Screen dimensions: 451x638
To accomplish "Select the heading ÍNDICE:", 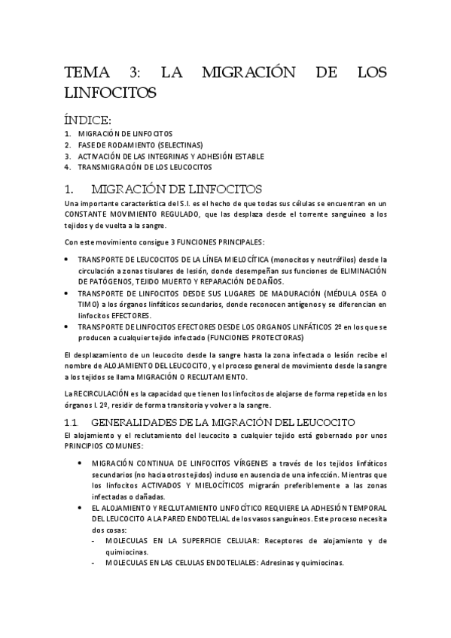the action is click(88, 119).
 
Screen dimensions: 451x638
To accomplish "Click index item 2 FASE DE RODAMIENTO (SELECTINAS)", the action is click(140, 144).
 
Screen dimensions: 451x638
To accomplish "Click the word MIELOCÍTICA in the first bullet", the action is click(241, 259).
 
